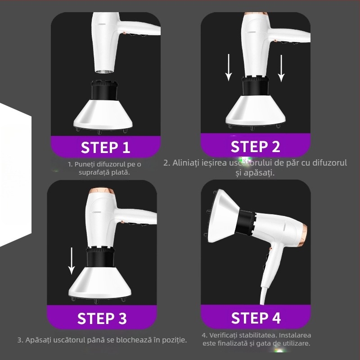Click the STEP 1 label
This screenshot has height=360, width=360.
pyautogui.click(x=105, y=147)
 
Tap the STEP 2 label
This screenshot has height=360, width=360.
pyautogui.click(x=255, y=146)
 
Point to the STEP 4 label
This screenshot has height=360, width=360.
pyautogui.click(x=256, y=318)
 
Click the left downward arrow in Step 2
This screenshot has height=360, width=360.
pyautogui.click(x=229, y=67)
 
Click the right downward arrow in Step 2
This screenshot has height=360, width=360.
pyautogui.click(x=281, y=68)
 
